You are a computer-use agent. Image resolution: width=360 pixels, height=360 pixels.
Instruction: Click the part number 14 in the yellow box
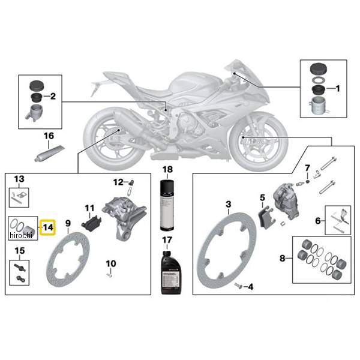47,227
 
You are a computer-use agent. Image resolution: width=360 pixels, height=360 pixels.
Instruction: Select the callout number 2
53,95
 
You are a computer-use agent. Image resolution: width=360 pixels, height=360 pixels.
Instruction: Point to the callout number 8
283,259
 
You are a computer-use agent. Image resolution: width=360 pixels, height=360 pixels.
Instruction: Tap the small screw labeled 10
110,275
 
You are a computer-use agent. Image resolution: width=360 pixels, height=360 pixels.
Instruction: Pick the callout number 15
19,250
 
